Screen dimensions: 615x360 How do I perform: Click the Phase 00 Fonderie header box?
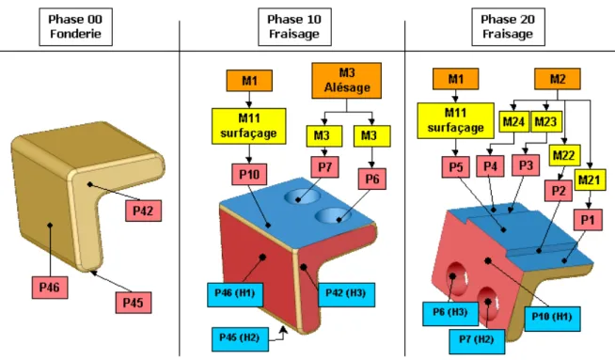(x=75, y=26)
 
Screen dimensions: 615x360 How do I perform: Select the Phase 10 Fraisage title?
(x=294, y=26)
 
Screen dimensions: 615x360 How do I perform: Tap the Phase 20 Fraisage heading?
(x=508, y=26)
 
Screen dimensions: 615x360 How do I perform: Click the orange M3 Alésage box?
(x=347, y=81)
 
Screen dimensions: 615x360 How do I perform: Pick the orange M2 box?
(x=558, y=79)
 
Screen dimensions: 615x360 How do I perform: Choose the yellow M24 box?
(x=513, y=122)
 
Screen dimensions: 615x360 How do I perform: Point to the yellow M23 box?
(x=545, y=122)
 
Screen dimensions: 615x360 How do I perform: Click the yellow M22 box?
(x=564, y=156)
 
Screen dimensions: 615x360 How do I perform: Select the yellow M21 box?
(x=590, y=180)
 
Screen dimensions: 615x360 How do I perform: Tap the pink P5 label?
(x=456, y=167)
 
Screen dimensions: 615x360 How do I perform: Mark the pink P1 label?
(x=588, y=220)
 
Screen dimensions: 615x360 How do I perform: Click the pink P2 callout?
(x=559, y=191)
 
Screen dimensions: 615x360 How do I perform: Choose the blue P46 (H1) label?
(x=235, y=293)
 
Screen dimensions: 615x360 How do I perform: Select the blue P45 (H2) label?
(x=240, y=338)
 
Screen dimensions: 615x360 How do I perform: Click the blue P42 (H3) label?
(x=346, y=294)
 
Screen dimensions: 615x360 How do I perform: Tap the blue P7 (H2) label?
(x=477, y=340)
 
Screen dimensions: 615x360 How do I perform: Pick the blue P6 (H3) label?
(x=450, y=313)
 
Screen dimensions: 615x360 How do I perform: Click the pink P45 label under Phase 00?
(x=134, y=303)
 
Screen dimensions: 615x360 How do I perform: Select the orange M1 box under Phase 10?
(x=249, y=81)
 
